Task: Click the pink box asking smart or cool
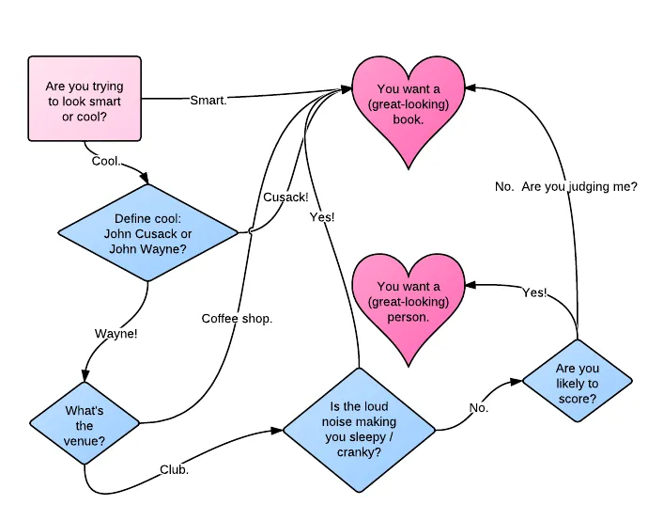point(85,99)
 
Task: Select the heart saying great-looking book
point(409,107)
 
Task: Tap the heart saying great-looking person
point(409,307)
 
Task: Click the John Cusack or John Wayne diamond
point(148,233)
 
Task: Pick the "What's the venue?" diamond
point(85,423)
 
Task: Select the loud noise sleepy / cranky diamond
point(359,430)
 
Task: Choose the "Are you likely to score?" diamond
point(578,381)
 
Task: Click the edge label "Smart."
point(208,101)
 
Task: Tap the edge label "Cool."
point(106,161)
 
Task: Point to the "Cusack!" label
point(286,197)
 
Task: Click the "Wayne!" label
point(116,334)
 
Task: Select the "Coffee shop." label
point(238,319)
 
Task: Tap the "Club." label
point(175,470)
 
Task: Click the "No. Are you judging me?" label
point(566,187)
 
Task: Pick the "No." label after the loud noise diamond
point(479,408)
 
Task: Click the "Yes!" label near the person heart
point(534,292)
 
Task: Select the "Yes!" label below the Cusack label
point(322,217)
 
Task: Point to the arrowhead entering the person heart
point(471,285)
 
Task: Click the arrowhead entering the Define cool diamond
point(145,179)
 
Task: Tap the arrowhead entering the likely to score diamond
point(517,382)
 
